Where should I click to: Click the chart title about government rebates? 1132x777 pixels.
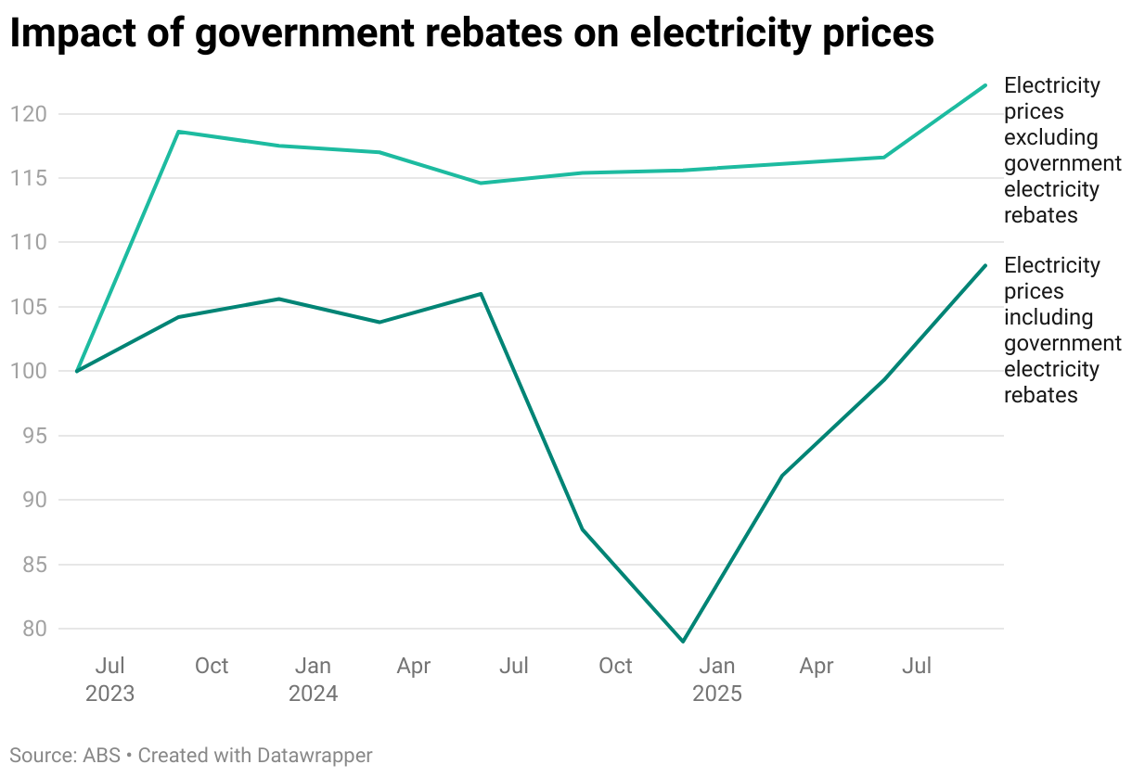pos(471,34)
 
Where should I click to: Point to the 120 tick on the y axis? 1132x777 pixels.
pos(28,114)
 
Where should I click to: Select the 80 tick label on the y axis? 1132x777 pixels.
pos(33,629)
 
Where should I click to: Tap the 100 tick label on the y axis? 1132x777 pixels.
pos(28,371)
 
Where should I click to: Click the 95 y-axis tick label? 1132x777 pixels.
pos(33,436)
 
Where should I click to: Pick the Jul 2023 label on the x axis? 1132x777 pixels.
pos(109,679)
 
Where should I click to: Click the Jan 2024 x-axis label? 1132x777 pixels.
pos(313,679)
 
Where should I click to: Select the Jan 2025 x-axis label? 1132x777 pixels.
pos(716,679)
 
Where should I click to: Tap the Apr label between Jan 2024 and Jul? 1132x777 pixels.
pos(414,666)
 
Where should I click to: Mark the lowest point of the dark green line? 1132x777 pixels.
pos(683,642)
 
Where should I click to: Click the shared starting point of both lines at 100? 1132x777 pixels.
pos(77,371)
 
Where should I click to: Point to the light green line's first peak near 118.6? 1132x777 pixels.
pos(178,132)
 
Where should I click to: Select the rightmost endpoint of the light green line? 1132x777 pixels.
pos(985,85)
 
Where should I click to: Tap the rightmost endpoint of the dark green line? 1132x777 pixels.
pos(985,265)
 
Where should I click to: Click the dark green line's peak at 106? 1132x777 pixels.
pos(481,294)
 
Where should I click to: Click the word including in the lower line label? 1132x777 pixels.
pos(1048,317)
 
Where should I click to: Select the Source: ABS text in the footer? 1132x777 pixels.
pos(65,755)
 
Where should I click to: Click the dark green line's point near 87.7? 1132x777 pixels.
pos(582,529)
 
